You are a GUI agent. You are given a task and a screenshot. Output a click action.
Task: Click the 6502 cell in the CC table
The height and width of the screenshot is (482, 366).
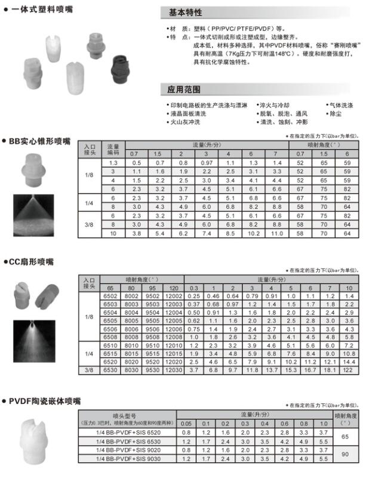click(x=110, y=296)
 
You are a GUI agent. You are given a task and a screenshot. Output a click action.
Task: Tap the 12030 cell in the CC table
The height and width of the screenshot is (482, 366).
click(x=173, y=370)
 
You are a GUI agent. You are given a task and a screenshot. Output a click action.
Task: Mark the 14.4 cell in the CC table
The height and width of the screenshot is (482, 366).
click(x=349, y=362)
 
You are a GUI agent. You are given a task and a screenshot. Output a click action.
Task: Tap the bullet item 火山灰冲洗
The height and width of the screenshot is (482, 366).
click(x=186, y=122)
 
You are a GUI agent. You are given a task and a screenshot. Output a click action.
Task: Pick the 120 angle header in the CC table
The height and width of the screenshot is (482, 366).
click(x=173, y=288)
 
